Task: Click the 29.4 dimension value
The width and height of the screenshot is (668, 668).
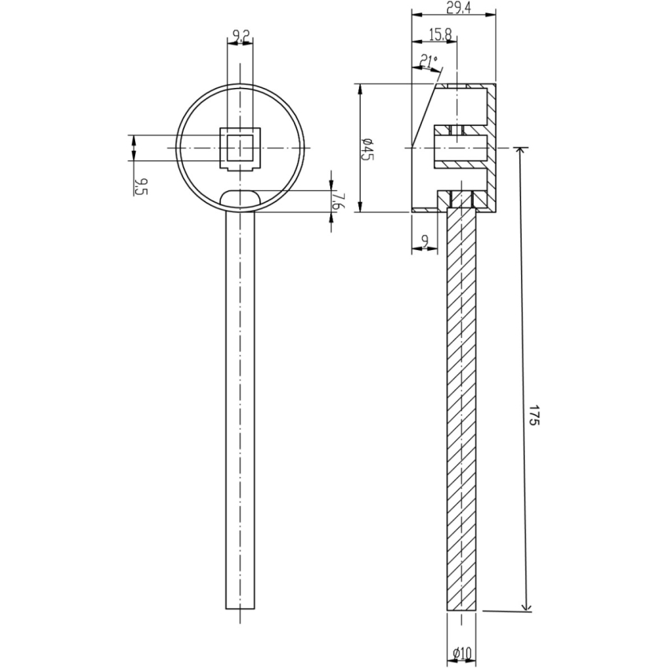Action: point(454,7)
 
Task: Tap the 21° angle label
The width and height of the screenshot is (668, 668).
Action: point(429,59)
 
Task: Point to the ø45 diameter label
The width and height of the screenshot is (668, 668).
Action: point(367,148)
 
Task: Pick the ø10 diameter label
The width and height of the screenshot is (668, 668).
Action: point(461,652)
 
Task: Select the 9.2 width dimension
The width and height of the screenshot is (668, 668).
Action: point(240,34)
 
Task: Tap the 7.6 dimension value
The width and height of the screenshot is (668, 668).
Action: point(336,200)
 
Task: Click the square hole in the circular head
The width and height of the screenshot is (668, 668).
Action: point(240,148)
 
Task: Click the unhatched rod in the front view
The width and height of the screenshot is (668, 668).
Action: point(240,409)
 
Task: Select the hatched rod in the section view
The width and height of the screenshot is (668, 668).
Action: point(461,409)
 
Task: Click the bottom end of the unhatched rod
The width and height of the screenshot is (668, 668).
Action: point(240,607)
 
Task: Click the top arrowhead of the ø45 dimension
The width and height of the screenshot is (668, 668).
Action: point(360,89)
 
